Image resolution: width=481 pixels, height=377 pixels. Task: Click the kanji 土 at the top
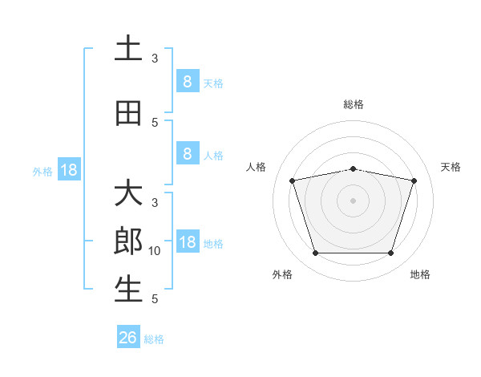[128, 47]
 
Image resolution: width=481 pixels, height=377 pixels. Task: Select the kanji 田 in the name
[128, 113]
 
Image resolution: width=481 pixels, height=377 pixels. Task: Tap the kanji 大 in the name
[128, 192]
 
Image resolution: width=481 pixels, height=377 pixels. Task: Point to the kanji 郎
[128, 241]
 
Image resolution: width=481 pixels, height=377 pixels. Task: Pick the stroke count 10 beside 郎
[154, 251]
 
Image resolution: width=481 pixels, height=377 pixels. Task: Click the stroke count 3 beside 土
[155, 59]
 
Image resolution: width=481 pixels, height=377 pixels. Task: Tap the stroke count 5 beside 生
[155, 299]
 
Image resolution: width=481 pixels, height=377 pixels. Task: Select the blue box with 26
[128, 336]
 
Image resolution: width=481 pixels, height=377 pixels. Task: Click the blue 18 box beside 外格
[69, 169]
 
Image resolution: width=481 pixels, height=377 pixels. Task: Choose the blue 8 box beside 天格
[188, 80]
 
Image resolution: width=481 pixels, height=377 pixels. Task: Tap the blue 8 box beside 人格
[188, 153]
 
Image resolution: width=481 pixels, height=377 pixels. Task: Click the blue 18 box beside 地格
[188, 241]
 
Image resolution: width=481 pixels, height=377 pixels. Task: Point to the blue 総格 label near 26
[154, 339]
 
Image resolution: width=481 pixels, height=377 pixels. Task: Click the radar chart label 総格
[354, 104]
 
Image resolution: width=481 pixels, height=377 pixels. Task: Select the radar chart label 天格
[451, 167]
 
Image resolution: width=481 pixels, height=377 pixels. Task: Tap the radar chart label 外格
[282, 274]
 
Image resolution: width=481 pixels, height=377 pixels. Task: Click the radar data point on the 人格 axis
[292, 180]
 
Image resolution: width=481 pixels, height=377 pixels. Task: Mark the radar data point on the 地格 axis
[390, 253]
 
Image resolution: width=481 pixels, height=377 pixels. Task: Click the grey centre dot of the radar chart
[353, 201]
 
